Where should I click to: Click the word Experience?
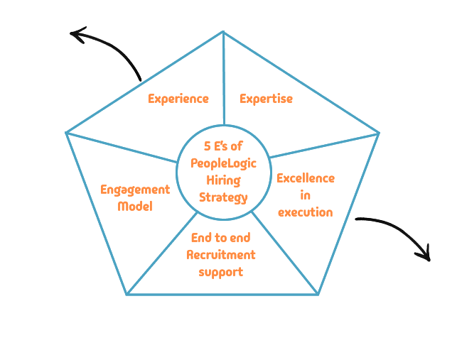(178, 99)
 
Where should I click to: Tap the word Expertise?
(266, 99)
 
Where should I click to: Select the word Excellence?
(306, 178)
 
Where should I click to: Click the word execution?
(305, 212)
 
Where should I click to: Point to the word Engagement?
(135, 190)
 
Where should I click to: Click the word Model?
(135, 206)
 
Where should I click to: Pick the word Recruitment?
(221, 254)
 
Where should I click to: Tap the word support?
(221, 271)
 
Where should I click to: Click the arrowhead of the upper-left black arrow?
(76, 33)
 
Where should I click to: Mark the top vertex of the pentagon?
(223, 32)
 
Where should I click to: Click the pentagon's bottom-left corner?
(127, 294)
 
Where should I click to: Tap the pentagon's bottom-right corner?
(318, 294)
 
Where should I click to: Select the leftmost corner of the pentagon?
(66, 132)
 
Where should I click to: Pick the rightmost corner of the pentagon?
(379, 133)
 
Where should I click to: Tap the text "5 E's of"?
(223, 147)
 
